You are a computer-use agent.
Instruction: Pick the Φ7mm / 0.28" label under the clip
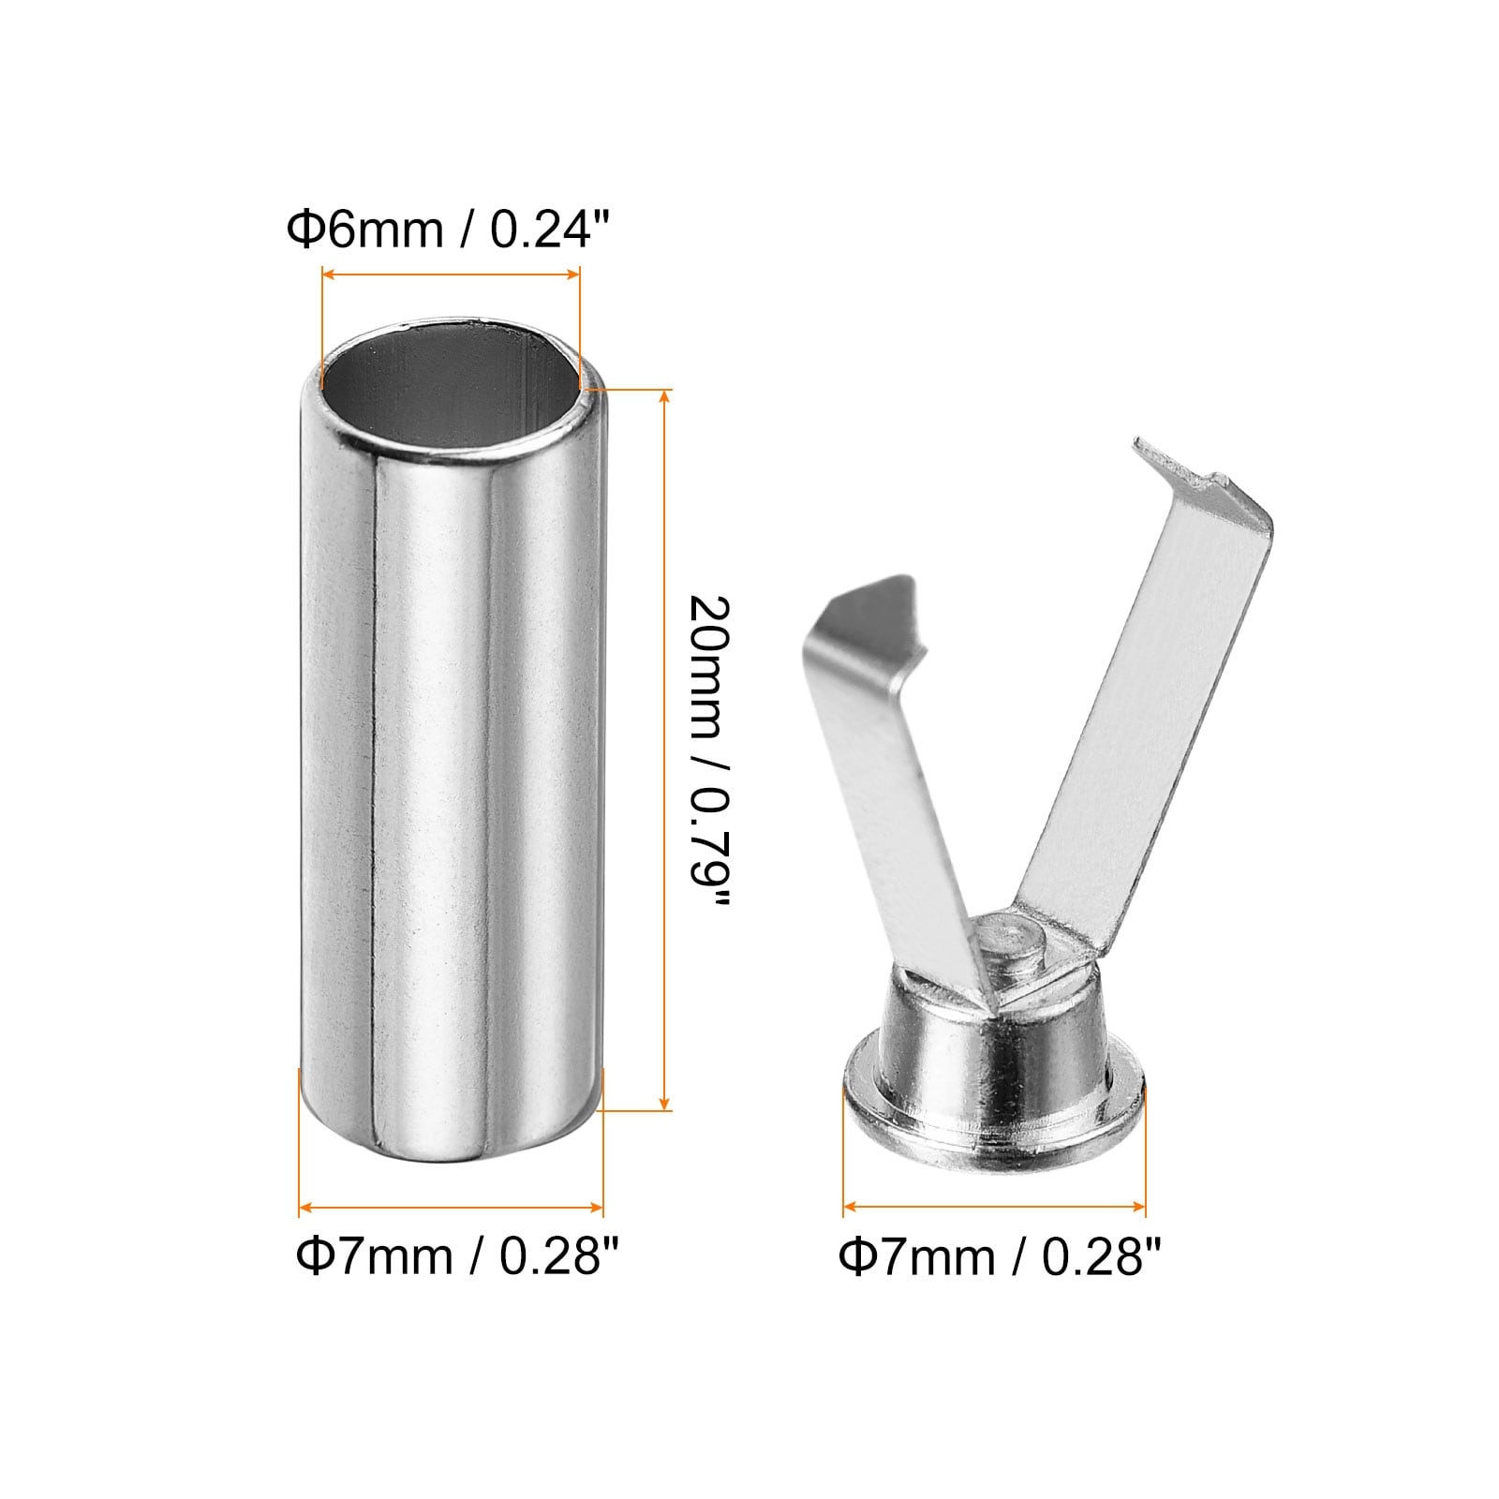1000,1256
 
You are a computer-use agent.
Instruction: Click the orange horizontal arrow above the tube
451,275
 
